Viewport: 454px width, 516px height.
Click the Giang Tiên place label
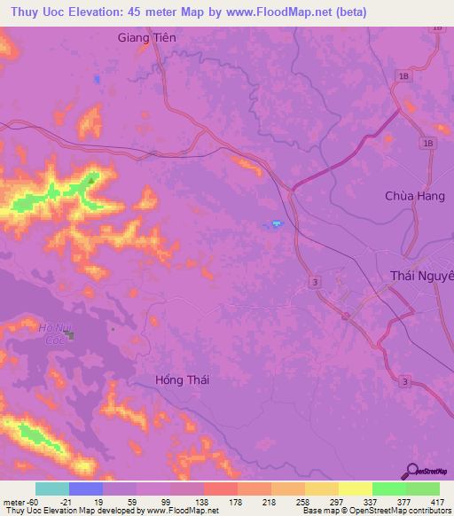click(147, 38)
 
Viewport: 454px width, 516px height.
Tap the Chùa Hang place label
click(409, 196)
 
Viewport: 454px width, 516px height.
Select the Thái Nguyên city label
click(422, 276)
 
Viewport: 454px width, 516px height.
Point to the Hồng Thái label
click(181, 379)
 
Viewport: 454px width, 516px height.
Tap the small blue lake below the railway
click(277, 223)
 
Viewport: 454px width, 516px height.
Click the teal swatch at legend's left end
click(52, 489)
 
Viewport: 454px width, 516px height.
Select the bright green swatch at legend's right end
click(422, 489)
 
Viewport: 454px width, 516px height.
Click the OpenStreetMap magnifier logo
click(413, 472)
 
